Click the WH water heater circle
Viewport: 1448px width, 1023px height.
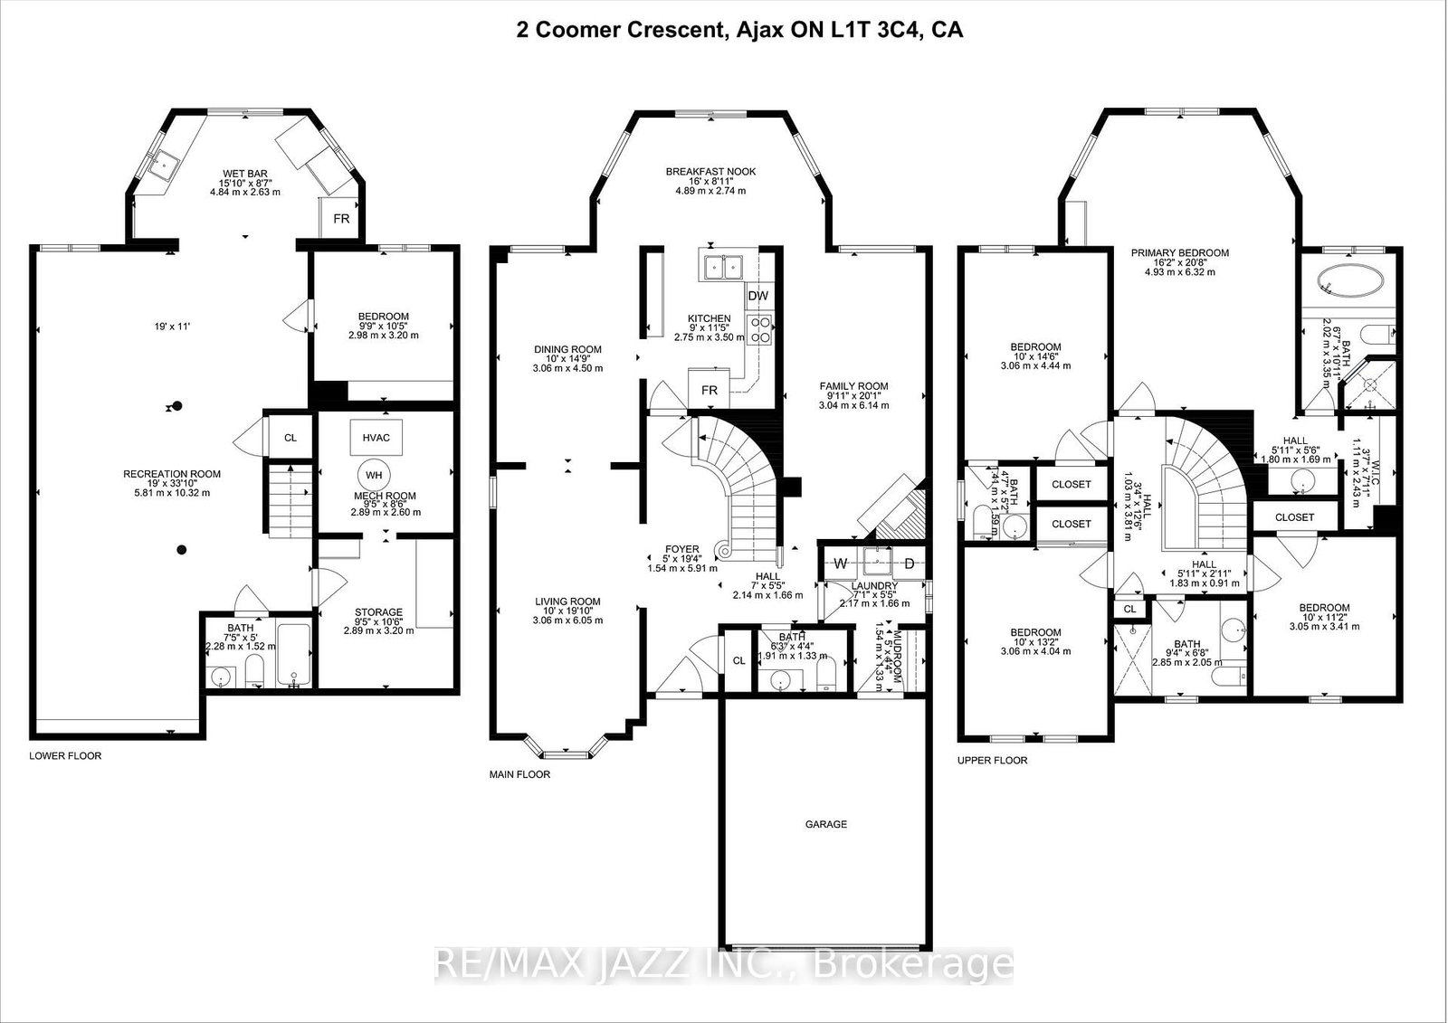tap(373, 474)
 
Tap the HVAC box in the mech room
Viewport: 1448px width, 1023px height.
tap(376, 438)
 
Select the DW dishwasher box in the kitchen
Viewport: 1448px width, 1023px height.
tap(757, 297)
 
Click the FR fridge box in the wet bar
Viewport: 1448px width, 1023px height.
tap(341, 220)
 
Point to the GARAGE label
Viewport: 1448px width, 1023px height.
tap(825, 824)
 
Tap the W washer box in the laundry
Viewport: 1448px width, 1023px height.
tap(840, 564)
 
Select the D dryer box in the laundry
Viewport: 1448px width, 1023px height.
tap(910, 564)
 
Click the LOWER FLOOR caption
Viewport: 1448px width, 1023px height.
tap(65, 755)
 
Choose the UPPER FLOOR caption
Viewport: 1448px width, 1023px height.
tap(992, 760)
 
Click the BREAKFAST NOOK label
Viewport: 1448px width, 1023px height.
tap(710, 172)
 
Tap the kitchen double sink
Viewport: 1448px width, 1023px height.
tap(722, 266)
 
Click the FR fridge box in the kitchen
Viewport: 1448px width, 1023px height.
tap(710, 391)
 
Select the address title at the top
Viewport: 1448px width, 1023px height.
tap(738, 30)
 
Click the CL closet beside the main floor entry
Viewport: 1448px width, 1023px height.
tap(738, 660)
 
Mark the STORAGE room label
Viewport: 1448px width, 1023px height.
tap(378, 612)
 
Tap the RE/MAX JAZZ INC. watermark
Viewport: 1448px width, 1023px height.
tap(724, 964)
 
